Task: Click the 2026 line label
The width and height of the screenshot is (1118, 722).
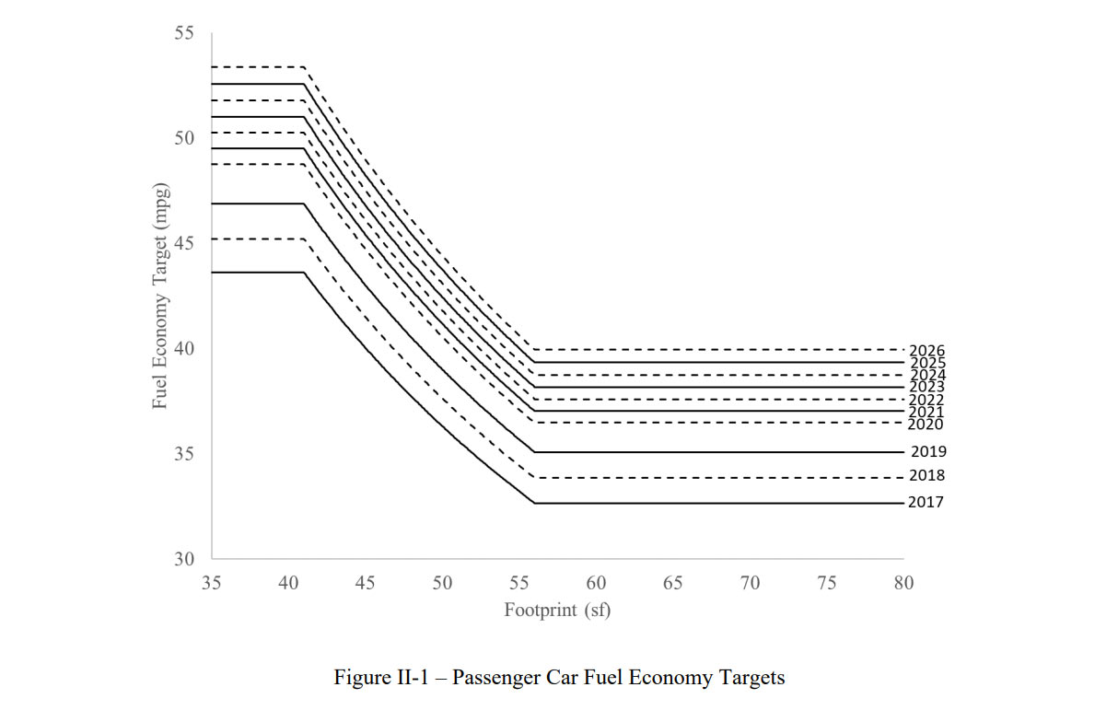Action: coord(926,351)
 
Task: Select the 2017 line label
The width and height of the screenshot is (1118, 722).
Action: coord(926,503)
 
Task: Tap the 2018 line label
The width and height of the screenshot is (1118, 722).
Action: coord(926,476)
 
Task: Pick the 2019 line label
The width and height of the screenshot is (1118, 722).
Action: coord(928,452)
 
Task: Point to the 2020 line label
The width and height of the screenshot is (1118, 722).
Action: coord(926,425)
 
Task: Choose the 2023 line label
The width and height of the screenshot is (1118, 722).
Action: coord(926,388)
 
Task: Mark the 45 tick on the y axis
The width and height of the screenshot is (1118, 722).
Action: coord(184,244)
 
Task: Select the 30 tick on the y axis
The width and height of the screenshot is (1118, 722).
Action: coord(184,559)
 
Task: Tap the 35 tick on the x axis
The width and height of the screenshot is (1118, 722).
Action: coord(212,583)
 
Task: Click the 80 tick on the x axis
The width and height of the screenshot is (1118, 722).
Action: coord(903,583)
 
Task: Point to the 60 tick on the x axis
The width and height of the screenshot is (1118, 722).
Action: coord(596,583)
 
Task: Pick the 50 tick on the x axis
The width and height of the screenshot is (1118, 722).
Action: coord(442,583)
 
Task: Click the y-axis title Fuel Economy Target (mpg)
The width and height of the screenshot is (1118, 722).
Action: coord(162,296)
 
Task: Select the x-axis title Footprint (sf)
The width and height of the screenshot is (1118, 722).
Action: coord(557,610)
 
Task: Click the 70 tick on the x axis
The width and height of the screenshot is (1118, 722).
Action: coord(750,583)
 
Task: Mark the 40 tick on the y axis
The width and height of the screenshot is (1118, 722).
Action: coord(184,349)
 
